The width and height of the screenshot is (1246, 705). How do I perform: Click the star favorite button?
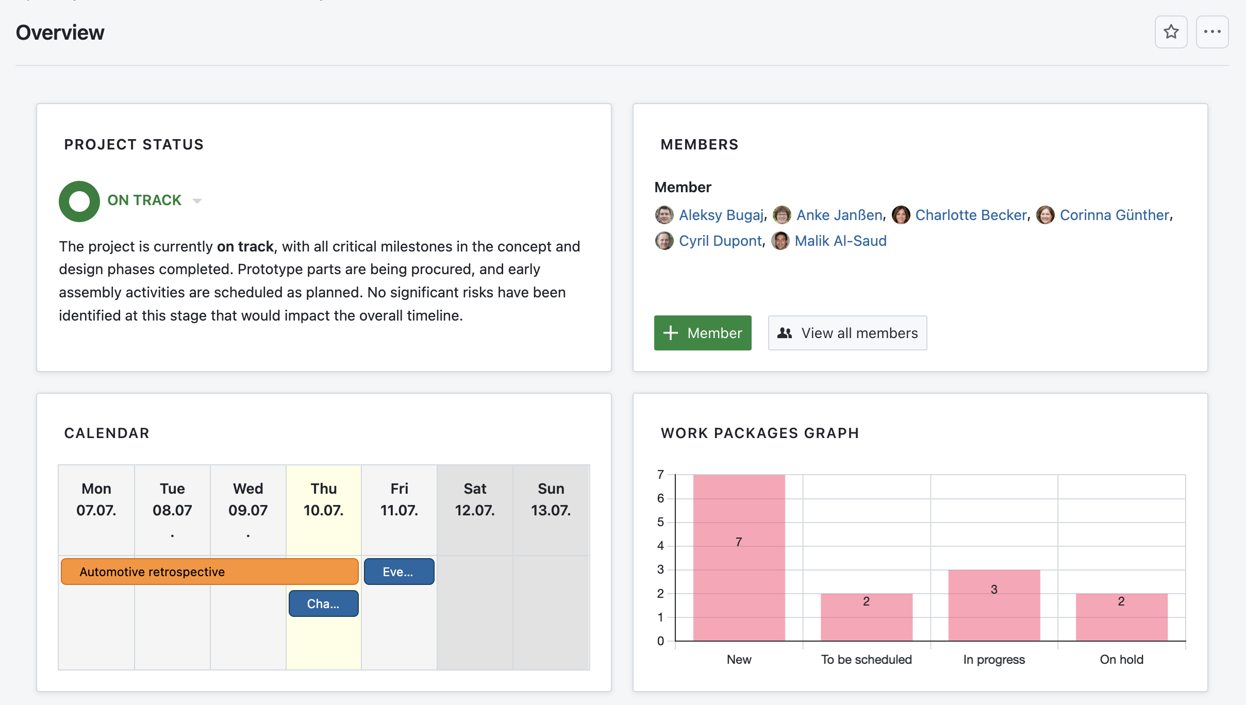click(x=1171, y=32)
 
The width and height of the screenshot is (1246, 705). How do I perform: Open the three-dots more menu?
click(x=1212, y=32)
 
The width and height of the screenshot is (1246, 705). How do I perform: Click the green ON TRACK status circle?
click(x=79, y=201)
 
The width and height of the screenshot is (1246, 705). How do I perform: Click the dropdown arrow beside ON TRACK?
click(x=197, y=201)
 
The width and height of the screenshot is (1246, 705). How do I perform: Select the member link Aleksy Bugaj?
click(x=721, y=215)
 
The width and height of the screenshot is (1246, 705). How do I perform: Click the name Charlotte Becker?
click(x=971, y=215)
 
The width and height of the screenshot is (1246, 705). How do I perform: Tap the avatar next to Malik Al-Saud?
click(x=780, y=241)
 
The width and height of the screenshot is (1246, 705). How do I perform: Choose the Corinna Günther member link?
click(x=1114, y=215)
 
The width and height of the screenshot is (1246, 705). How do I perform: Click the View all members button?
click(x=847, y=333)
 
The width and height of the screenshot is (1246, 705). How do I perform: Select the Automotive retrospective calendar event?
click(x=209, y=572)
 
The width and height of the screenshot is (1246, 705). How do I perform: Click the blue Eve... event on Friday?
click(x=398, y=572)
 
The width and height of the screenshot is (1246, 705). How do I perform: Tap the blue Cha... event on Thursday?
click(x=323, y=603)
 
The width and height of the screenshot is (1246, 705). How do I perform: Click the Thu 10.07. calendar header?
click(x=323, y=499)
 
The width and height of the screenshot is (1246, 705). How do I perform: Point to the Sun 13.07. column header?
click(x=551, y=499)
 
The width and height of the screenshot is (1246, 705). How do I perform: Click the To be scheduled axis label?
click(x=866, y=660)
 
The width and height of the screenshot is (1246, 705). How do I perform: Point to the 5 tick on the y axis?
click(x=660, y=522)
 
